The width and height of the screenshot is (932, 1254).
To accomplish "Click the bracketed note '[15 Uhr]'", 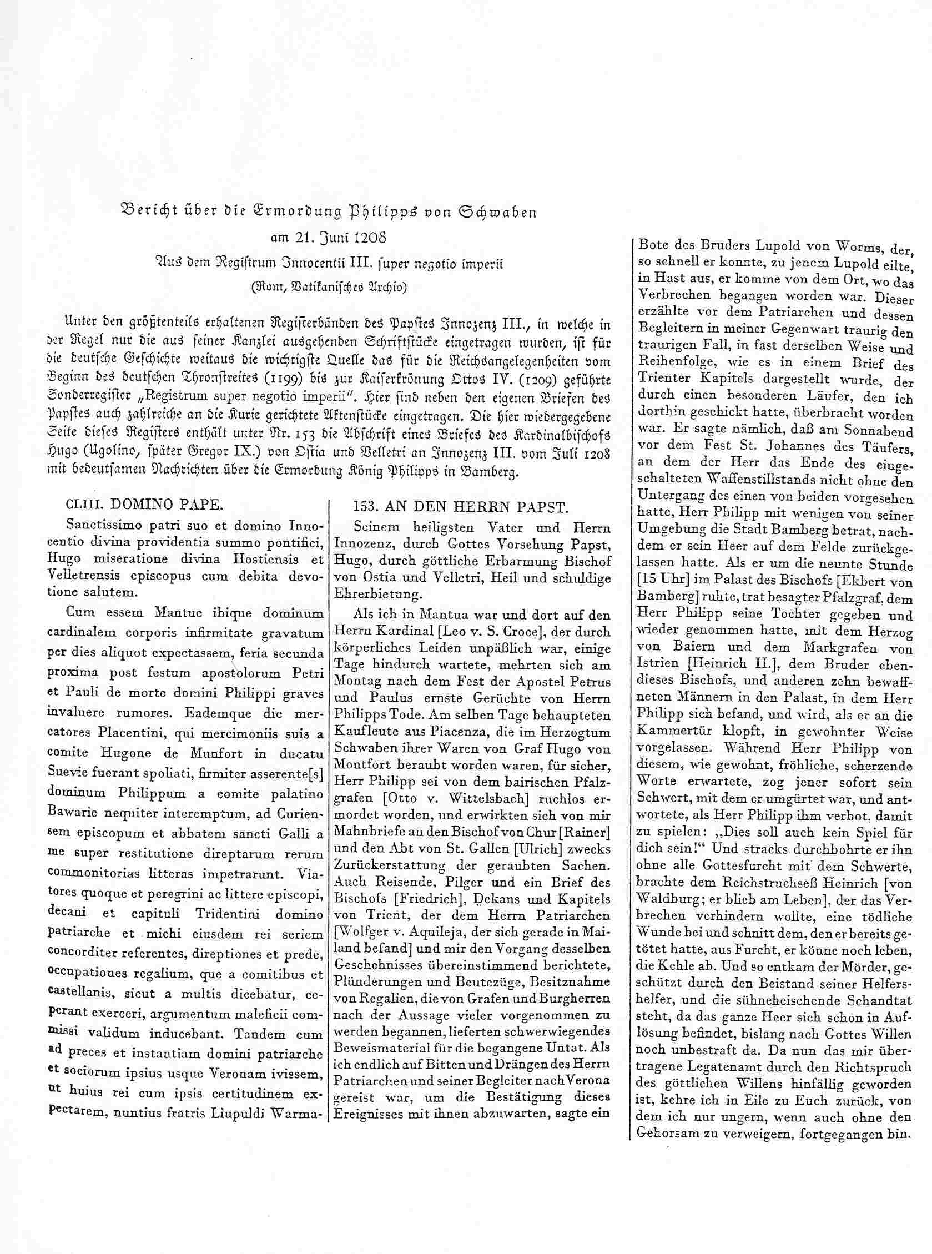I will coord(660,581).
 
